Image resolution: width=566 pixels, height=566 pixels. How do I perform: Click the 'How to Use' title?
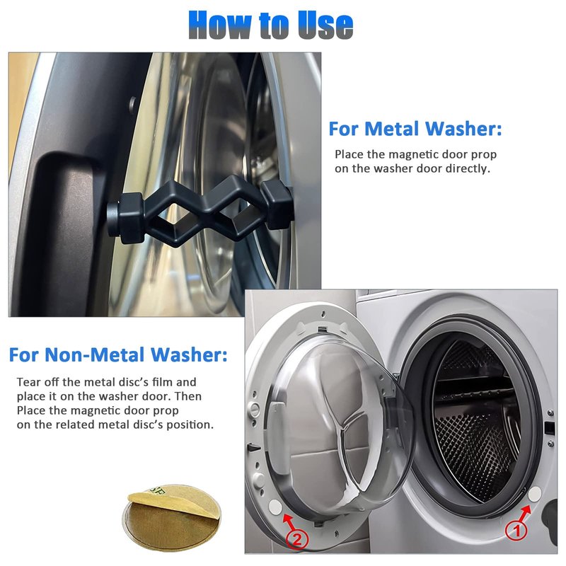pos(271,25)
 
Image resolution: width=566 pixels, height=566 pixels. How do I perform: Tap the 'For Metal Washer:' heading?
pos(415,129)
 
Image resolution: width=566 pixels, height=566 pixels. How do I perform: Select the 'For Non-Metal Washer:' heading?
pos(118,354)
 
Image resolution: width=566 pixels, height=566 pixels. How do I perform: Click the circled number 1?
pos(516,530)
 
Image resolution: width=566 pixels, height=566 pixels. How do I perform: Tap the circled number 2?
pos(296,540)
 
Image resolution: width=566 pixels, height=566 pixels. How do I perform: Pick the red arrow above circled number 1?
pos(524,512)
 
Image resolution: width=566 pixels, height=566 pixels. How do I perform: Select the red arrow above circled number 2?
pos(289,522)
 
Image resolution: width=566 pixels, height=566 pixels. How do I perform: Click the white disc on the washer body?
pos(535,494)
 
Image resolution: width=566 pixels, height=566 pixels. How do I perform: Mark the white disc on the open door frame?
pos(276,507)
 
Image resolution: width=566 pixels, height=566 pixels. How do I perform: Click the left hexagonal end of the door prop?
pos(127,218)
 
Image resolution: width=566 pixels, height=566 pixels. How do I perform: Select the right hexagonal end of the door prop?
pos(277,204)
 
